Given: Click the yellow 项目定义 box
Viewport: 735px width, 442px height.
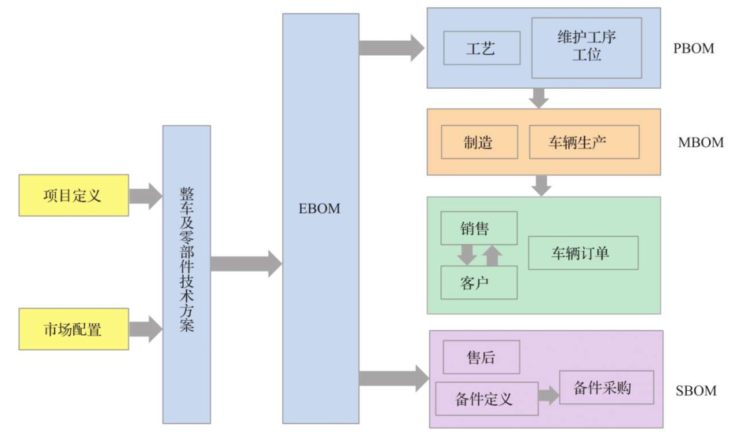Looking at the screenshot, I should click(x=73, y=195).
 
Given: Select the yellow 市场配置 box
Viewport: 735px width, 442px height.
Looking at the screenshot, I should click(x=73, y=329).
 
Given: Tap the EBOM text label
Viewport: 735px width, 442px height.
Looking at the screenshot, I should click(x=319, y=209).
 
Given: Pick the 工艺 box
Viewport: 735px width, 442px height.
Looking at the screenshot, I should click(x=481, y=48).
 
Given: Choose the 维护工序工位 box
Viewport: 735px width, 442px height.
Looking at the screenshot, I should click(x=586, y=48).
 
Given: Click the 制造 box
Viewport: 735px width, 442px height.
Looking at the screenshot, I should click(x=478, y=142).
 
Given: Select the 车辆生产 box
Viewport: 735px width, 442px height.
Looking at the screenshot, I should click(x=584, y=142).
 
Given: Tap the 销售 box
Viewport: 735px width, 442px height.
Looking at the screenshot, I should click(x=478, y=228).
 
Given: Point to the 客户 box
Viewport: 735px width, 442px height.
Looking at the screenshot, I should click(x=478, y=283).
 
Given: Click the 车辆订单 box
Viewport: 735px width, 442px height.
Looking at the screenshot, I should click(x=583, y=253).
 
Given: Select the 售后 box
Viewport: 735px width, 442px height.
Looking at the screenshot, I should click(x=481, y=358).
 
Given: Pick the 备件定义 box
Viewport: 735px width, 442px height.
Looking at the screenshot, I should click(x=483, y=398).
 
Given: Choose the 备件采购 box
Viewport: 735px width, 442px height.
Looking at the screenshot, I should click(x=606, y=388).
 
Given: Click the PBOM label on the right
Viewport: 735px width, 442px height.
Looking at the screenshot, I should click(x=694, y=48).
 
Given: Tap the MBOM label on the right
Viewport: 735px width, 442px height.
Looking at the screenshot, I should click(x=700, y=142).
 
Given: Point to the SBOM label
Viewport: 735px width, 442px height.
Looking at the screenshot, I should click(x=696, y=391).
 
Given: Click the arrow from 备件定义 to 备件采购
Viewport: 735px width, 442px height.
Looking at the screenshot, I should click(x=548, y=395).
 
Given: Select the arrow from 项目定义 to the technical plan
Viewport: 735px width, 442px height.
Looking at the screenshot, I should click(x=145, y=195).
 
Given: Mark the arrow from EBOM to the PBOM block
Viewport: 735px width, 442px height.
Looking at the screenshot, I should click(x=391, y=48).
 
